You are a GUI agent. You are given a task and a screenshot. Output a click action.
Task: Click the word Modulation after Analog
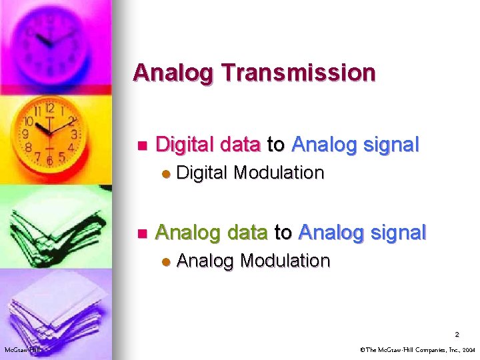click(x=285, y=260)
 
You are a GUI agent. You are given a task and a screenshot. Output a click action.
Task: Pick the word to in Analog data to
click(x=283, y=232)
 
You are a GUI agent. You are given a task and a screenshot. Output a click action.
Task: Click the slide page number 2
click(x=457, y=334)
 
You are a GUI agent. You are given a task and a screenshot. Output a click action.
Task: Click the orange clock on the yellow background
click(x=49, y=133)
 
